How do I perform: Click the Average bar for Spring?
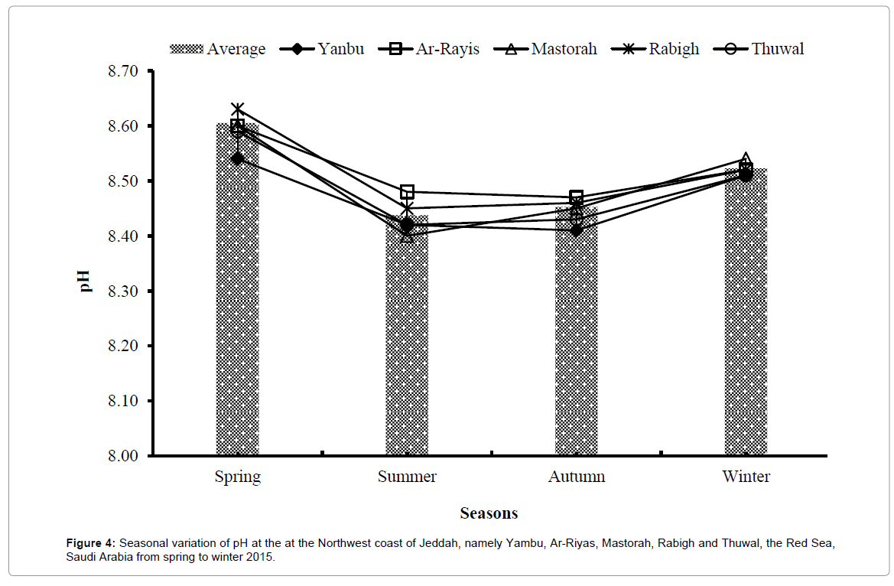[x=237, y=306]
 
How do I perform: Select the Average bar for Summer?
[x=407, y=344]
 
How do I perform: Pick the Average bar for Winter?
[x=746, y=321]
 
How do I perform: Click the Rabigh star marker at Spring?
[x=238, y=109]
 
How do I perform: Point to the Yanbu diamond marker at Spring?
[x=238, y=158]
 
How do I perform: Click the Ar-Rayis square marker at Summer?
[x=407, y=191]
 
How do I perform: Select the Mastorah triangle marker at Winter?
[x=746, y=159]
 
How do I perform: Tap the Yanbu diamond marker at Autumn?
[x=577, y=230]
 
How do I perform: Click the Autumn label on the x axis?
[x=577, y=477]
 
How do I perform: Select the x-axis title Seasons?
[x=489, y=513]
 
